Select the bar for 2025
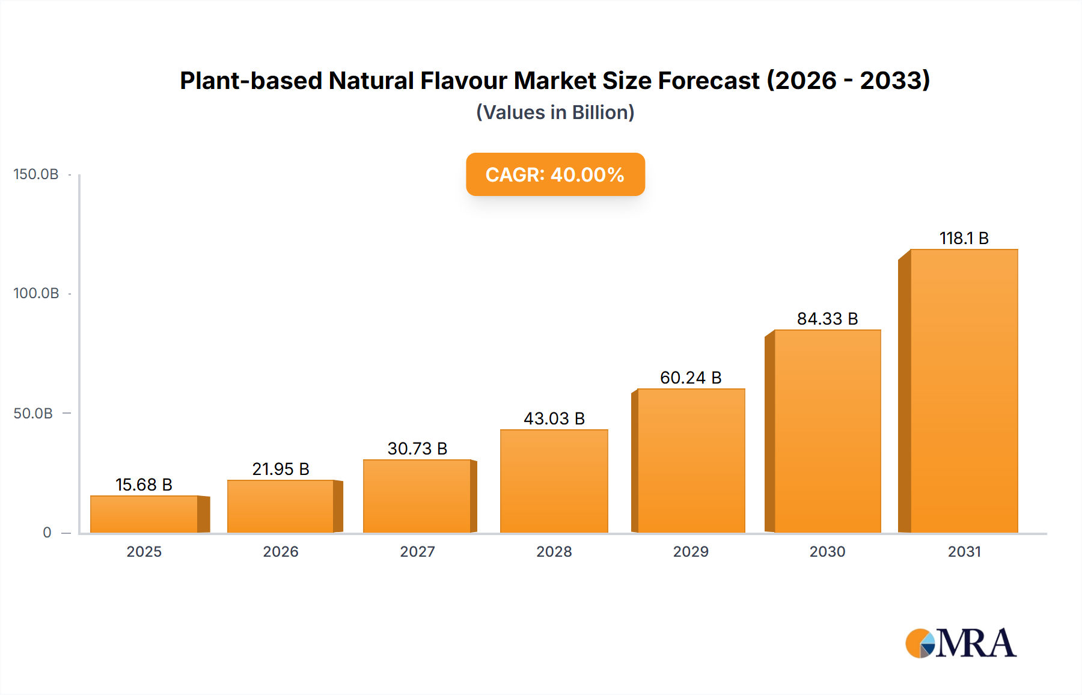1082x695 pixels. tap(144, 514)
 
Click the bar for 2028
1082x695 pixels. tap(554, 481)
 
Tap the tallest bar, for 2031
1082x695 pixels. tap(964, 391)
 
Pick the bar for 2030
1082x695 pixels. tap(827, 431)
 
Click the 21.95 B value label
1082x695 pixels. tap(281, 469)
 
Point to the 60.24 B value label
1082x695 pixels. tap(691, 378)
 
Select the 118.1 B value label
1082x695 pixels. tap(964, 238)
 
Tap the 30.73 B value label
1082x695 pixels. tap(417, 449)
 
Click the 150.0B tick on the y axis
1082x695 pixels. tap(36, 174)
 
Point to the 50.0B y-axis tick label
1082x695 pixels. tap(33, 413)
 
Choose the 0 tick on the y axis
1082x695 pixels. tap(47, 532)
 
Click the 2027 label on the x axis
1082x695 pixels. tap(417, 551)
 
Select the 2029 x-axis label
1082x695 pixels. tap(691, 551)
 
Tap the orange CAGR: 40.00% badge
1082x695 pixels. tap(555, 174)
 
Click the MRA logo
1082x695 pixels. tap(961, 643)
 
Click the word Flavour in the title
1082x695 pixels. tap(463, 81)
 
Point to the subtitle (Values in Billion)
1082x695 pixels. tap(555, 112)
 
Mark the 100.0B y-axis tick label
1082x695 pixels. tap(36, 293)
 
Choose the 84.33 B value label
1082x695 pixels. tap(827, 319)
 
